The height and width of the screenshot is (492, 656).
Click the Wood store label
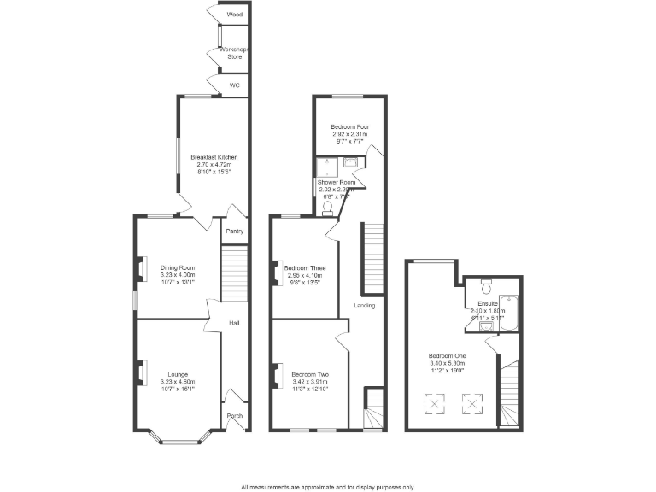(x=234, y=15)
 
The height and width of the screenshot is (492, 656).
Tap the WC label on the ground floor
(x=234, y=86)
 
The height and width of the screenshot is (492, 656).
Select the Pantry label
(x=234, y=231)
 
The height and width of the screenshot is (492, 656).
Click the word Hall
(x=234, y=323)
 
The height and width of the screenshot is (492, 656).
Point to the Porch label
(x=234, y=416)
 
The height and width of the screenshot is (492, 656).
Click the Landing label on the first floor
(x=366, y=305)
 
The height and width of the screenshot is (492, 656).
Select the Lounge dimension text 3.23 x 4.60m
(x=178, y=382)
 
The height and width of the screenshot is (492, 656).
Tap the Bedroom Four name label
(x=350, y=127)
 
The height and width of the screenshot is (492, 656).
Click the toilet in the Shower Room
(x=329, y=205)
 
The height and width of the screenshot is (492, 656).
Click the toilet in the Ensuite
(x=486, y=282)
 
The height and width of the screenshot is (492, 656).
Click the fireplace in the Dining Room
(x=139, y=269)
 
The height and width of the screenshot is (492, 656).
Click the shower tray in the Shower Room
(x=327, y=166)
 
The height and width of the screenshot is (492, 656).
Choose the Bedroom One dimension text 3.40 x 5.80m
(x=448, y=364)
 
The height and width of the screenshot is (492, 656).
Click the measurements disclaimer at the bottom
(x=328, y=486)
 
